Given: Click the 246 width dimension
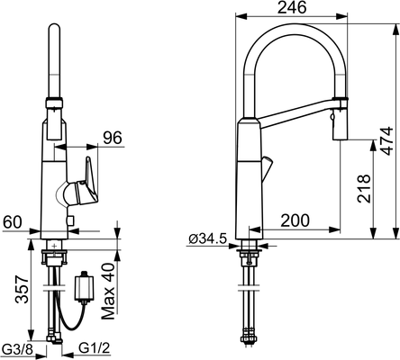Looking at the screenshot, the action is (x=292, y=7).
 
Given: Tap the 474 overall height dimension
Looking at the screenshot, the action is (x=387, y=140).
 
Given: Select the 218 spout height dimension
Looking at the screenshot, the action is (x=364, y=188).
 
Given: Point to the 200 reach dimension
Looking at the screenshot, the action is (x=295, y=220).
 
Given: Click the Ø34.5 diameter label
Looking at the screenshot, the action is (x=207, y=239).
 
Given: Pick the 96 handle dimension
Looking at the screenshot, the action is (x=113, y=138).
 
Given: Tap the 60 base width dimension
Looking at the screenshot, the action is (x=13, y=222).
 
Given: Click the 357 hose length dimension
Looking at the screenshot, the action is (x=22, y=289).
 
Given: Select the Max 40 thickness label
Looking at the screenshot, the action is (x=108, y=291).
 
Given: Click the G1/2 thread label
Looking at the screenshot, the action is (x=95, y=348).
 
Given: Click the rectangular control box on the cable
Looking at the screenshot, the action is (x=84, y=288).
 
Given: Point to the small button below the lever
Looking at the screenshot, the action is (x=71, y=221).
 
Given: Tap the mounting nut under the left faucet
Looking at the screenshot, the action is (x=54, y=257).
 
